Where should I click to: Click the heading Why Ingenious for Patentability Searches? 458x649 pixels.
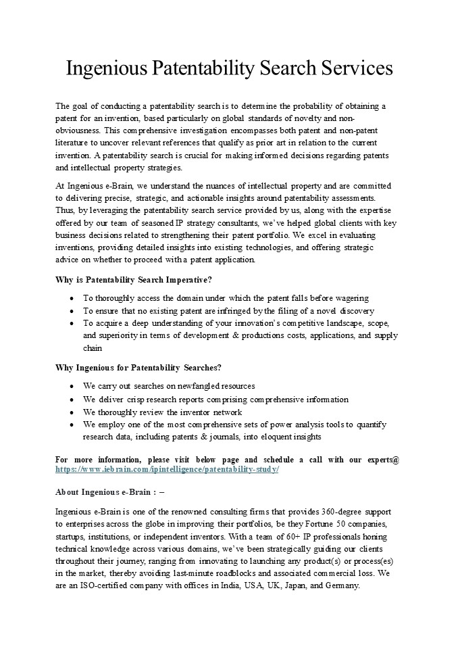click(x=138, y=367)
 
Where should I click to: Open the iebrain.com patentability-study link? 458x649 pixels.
click(x=166, y=469)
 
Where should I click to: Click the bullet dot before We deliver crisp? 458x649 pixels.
click(x=72, y=400)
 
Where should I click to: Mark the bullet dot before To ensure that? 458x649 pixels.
click(x=72, y=311)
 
